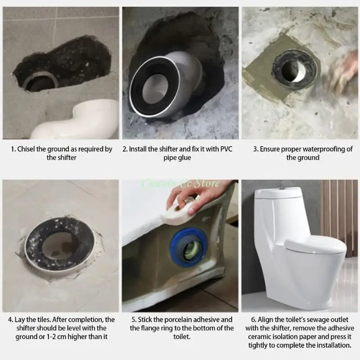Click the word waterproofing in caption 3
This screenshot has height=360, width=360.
[317, 149]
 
